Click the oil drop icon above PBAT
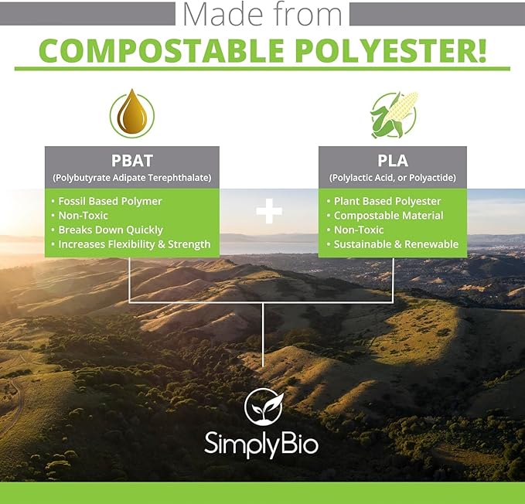click(x=131, y=115)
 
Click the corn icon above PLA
click(x=393, y=115)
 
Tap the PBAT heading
click(x=131, y=161)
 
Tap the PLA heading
click(x=393, y=161)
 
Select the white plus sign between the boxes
click(x=269, y=211)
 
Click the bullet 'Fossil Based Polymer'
click(x=110, y=201)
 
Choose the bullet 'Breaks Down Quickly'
click(x=111, y=230)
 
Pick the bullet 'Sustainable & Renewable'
click(x=396, y=244)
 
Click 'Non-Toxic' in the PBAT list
click(x=85, y=216)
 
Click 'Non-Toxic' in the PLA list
click(x=360, y=230)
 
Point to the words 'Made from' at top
click(x=262, y=14)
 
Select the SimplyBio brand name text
click(x=261, y=443)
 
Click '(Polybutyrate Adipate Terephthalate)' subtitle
click(x=131, y=178)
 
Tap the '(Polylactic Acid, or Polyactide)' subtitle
click(x=393, y=178)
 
